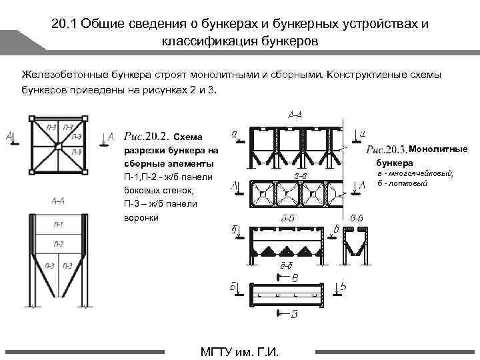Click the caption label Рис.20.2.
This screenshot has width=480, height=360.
(146, 137)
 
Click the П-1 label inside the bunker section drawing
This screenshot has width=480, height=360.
(59, 224)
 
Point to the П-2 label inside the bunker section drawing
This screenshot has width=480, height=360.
(59, 244)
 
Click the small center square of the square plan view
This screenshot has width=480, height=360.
(58, 146)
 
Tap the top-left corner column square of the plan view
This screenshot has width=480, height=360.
(31, 119)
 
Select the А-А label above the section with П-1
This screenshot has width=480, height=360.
(57, 200)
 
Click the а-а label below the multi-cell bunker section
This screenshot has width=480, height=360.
(301, 176)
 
